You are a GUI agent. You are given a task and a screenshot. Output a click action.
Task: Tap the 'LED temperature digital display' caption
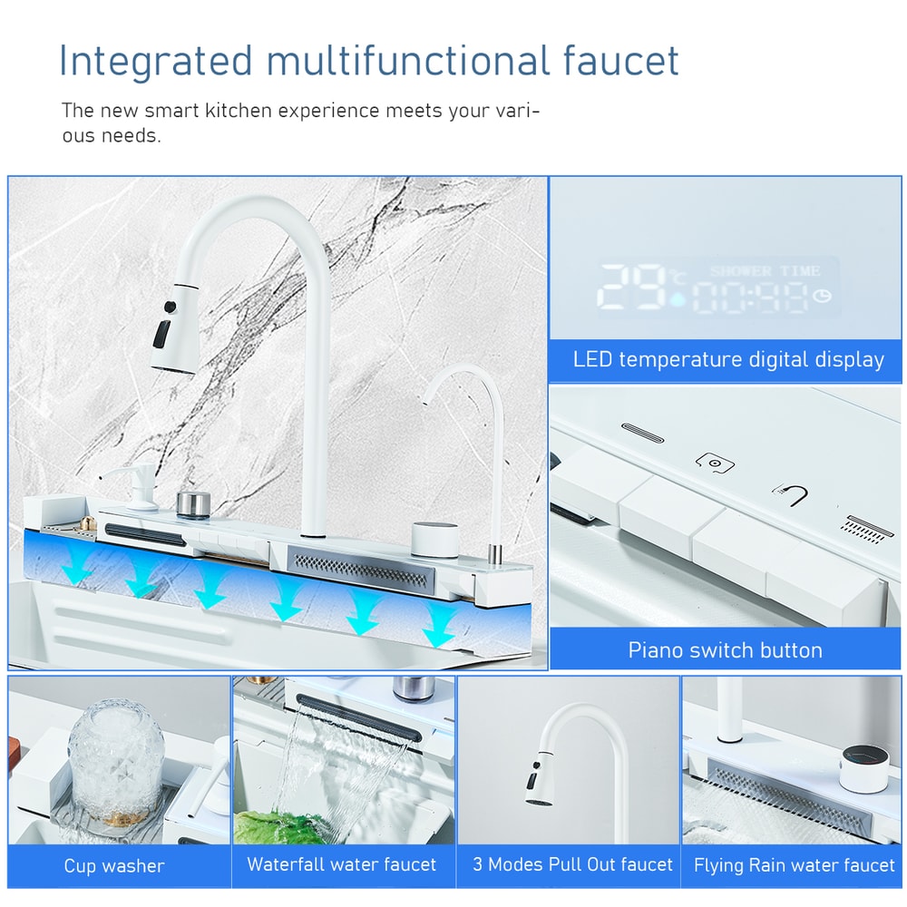click(x=727, y=359)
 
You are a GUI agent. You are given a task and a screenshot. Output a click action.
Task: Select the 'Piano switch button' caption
click(x=725, y=650)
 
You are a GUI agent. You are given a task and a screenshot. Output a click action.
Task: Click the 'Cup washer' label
click(x=114, y=865)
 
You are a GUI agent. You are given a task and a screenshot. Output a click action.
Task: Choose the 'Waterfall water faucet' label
click(x=342, y=864)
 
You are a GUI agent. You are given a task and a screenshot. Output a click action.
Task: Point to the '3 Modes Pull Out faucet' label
click(x=572, y=864)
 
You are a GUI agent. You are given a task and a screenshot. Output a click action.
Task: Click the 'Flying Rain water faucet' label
click(x=794, y=865)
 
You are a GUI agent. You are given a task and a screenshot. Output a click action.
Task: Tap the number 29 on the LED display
click(x=632, y=288)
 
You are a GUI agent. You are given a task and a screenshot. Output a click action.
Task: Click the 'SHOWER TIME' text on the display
click(x=765, y=271)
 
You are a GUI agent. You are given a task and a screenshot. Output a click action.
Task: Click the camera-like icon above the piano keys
click(x=715, y=462)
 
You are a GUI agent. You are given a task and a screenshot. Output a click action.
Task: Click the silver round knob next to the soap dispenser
click(x=192, y=502)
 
